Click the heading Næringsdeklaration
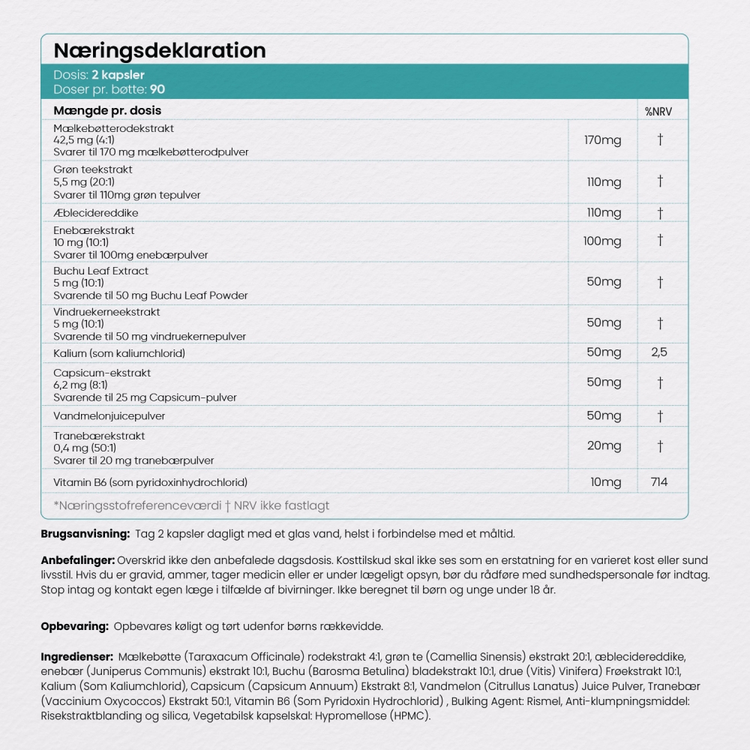click(x=159, y=50)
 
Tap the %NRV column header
click(x=658, y=111)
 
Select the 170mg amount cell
click(x=604, y=139)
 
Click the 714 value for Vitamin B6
click(x=659, y=481)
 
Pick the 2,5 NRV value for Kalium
click(x=659, y=352)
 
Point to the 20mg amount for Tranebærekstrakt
click(x=604, y=445)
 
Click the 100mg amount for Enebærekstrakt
click(x=602, y=241)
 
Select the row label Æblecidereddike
click(x=96, y=213)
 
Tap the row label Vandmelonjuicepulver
click(x=109, y=415)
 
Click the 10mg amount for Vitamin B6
click(x=605, y=481)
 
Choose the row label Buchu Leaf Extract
click(x=101, y=271)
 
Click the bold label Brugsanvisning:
click(x=84, y=533)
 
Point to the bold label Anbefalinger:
click(x=77, y=560)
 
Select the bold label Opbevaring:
click(x=74, y=625)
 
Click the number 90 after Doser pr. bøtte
click(x=157, y=88)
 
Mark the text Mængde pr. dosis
click(x=107, y=111)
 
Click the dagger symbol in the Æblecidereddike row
click(x=660, y=213)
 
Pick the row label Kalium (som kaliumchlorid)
click(x=119, y=352)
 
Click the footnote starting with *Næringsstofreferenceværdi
click(x=191, y=505)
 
